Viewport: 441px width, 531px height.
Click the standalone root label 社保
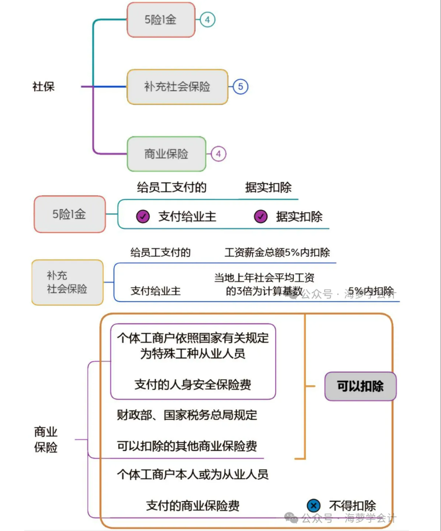(43, 87)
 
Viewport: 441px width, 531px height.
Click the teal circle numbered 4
(207, 20)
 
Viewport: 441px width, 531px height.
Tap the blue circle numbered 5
(241, 87)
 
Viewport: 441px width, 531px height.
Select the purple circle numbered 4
(218, 154)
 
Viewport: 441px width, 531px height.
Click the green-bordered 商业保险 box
(166, 154)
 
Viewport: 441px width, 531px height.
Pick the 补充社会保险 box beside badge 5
(177, 87)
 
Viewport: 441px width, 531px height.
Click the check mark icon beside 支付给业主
(143, 216)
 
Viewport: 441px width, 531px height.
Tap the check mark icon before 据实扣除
(261, 216)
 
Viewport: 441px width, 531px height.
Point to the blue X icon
(313, 505)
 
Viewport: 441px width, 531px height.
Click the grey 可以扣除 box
(360, 386)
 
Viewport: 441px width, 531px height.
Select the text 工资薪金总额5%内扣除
(277, 252)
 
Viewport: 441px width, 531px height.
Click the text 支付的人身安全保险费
(193, 384)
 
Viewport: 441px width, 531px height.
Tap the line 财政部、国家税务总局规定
(187, 415)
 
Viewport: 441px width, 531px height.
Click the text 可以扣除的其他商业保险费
(187, 446)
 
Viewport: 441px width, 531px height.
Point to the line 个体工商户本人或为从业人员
(193, 474)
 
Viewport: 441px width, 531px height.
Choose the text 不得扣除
(352, 505)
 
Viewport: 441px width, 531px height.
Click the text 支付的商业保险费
(193, 505)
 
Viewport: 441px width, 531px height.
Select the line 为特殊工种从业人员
(193, 354)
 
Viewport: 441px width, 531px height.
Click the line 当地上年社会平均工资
(264, 278)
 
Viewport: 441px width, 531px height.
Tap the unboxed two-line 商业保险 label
(46, 440)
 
